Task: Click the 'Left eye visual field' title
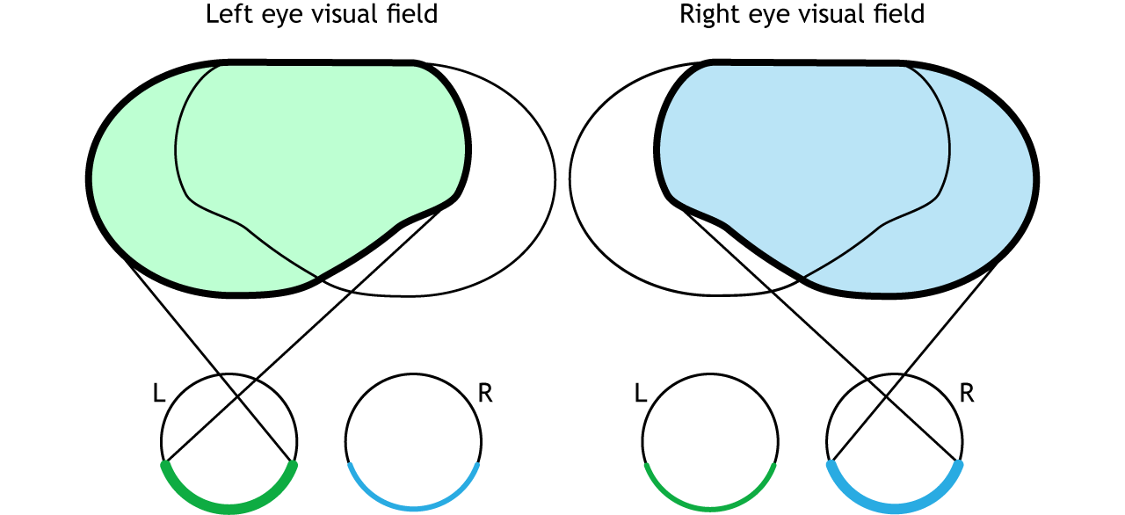click(322, 15)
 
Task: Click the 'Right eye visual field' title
click(802, 15)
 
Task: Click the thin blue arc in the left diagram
click(413, 507)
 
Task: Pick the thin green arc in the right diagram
click(710, 507)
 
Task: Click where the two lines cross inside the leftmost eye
click(237, 398)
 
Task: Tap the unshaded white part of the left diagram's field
click(510, 193)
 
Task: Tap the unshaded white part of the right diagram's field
click(615, 193)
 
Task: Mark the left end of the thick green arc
click(164, 464)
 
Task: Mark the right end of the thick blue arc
click(959, 464)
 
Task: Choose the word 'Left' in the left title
click(225, 15)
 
